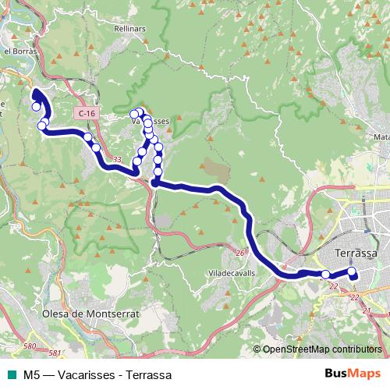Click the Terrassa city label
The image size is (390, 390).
point(355,254)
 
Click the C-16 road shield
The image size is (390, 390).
point(87,114)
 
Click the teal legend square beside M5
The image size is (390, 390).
point(10,374)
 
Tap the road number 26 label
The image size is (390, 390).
point(240,252)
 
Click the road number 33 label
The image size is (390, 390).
point(117,160)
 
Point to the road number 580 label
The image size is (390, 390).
point(30,346)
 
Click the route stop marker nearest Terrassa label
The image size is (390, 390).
point(352,272)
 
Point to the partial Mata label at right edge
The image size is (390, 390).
point(381,136)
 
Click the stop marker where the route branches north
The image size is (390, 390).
point(155,183)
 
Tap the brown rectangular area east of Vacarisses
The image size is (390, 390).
point(216,167)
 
